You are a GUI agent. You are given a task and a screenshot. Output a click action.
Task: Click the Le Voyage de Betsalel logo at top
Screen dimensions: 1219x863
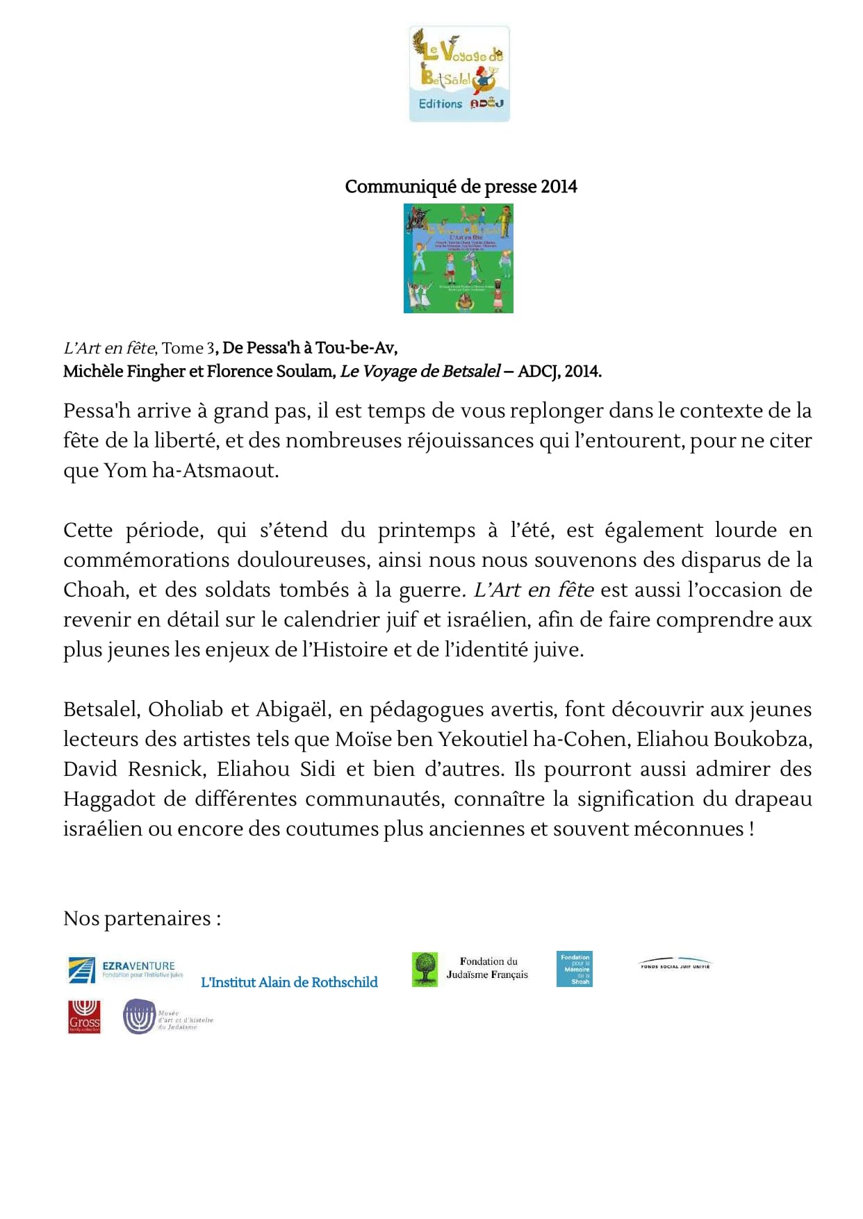(x=459, y=74)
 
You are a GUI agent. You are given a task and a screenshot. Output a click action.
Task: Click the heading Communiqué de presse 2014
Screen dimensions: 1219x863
(x=461, y=187)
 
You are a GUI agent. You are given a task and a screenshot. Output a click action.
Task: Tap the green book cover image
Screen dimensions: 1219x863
(x=459, y=258)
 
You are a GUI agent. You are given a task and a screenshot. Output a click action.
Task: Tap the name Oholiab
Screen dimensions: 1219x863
(x=185, y=710)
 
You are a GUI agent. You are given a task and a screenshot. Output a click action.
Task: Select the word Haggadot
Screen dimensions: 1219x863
(x=109, y=799)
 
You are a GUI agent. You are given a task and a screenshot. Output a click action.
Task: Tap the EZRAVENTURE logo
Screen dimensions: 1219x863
(x=126, y=970)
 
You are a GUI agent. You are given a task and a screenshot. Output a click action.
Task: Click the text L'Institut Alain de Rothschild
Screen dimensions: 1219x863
(x=289, y=983)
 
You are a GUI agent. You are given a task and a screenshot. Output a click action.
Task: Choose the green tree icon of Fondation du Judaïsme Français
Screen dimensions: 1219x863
(x=425, y=969)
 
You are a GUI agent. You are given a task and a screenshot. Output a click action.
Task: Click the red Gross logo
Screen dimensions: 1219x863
(x=84, y=1018)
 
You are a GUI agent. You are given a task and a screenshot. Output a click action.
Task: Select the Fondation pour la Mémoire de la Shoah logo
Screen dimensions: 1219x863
(x=574, y=969)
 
